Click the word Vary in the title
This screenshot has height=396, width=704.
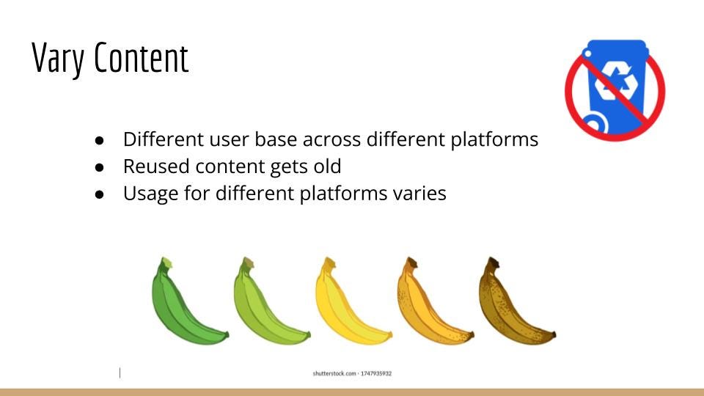click(58, 58)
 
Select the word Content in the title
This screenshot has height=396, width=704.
click(142, 57)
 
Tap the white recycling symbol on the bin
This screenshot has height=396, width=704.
click(617, 81)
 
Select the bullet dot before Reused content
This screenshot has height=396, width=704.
click(99, 167)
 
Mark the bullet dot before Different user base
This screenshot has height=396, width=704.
click(99, 141)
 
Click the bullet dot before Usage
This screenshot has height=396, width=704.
click(99, 194)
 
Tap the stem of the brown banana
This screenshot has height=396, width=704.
click(493, 263)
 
